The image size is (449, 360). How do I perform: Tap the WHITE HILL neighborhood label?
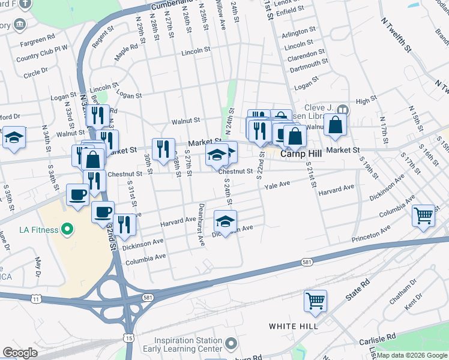tap(293, 326)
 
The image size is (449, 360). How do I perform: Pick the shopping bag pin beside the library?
tap(336, 125)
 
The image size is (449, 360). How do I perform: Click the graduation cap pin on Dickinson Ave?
tap(225, 222)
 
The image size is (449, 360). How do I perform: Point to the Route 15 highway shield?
tap(129, 338)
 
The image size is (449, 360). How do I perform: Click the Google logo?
tap(20, 353)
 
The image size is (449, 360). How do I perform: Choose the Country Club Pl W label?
tap(43, 58)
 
